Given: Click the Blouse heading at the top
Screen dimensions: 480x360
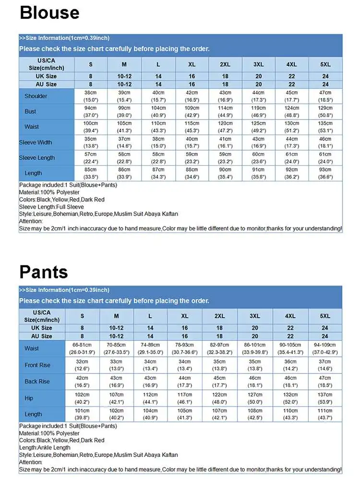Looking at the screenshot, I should click(x=49, y=13).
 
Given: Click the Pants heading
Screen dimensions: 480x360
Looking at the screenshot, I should click(x=44, y=272).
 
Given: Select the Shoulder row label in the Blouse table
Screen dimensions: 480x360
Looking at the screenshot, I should click(x=36, y=96).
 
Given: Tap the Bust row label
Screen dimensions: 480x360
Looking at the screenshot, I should click(x=31, y=111).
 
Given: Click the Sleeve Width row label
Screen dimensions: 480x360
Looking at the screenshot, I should click(x=36, y=143).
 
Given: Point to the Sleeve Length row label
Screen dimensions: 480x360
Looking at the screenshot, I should click(x=37, y=158).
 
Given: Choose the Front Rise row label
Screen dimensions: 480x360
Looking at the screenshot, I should click(x=37, y=365).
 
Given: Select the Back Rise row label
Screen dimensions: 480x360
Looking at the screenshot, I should click(x=37, y=382).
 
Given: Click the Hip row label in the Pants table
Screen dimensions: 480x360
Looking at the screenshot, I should click(x=29, y=398).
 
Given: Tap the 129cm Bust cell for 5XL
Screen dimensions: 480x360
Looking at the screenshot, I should click(x=325, y=111).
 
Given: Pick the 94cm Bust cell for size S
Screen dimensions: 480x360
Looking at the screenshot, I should click(x=91, y=111).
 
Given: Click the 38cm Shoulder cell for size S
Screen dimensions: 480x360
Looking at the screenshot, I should click(x=91, y=96).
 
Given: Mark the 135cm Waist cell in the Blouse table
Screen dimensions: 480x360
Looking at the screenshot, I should click(x=325, y=127).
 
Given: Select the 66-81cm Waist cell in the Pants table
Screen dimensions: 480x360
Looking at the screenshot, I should click(x=82, y=348).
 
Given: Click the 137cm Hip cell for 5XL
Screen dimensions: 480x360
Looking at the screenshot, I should click(x=325, y=398).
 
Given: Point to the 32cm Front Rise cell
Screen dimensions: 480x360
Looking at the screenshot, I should click(x=82, y=365).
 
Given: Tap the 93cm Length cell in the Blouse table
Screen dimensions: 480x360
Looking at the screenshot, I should click(x=325, y=173).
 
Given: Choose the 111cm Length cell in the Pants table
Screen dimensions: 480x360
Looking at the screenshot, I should click(x=325, y=414).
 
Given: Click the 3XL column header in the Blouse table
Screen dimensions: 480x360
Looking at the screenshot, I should click(x=258, y=65).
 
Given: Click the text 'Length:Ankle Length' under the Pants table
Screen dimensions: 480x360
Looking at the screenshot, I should click(x=45, y=448).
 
